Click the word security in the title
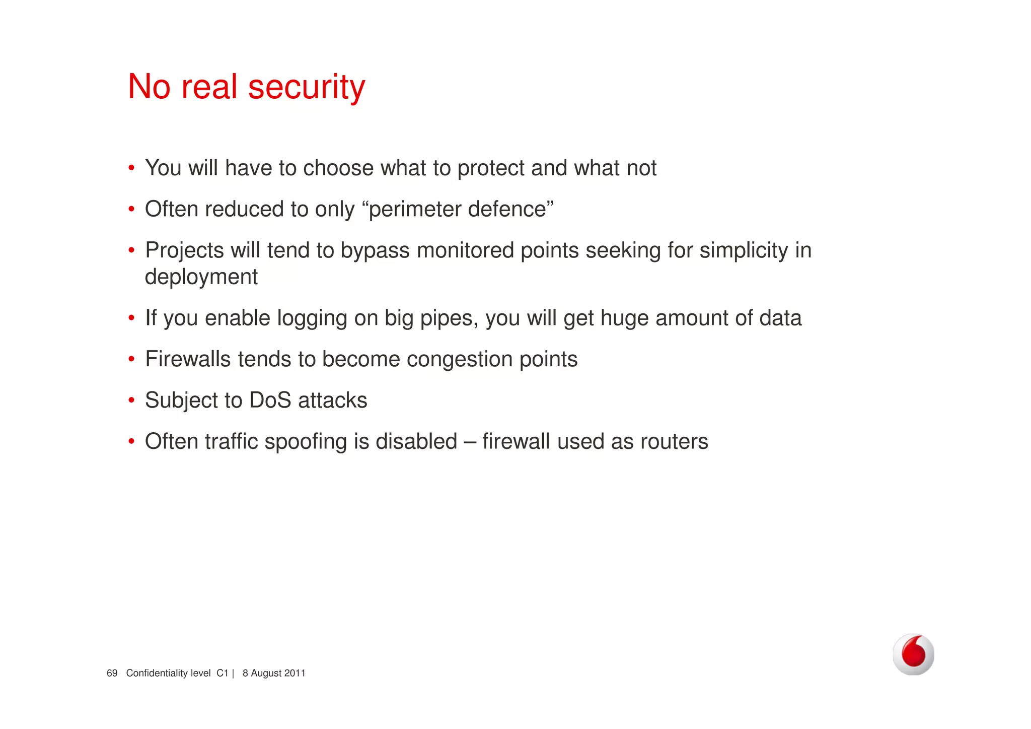point(307,87)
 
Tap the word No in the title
point(149,87)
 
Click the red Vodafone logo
point(913,654)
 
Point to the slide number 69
point(112,673)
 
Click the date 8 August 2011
point(274,673)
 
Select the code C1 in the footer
point(222,673)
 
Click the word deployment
point(201,277)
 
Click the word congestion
point(460,359)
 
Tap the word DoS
point(270,401)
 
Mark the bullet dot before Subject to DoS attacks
point(131,401)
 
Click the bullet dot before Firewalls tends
point(131,359)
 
